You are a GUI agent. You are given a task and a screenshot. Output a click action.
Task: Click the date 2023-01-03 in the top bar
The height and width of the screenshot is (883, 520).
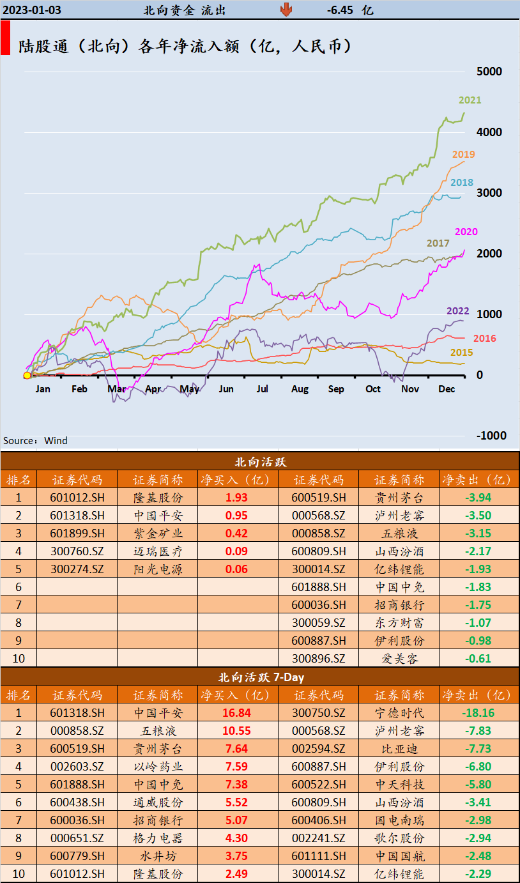click(x=32, y=10)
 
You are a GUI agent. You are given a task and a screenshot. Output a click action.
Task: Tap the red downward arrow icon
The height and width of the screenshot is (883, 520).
click(x=286, y=9)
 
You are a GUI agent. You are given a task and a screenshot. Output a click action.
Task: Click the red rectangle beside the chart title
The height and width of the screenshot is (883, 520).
click(x=5, y=38)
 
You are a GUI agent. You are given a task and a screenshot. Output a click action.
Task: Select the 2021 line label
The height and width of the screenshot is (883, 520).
click(x=470, y=100)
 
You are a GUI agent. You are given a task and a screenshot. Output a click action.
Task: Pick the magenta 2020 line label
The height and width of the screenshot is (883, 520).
click(x=466, y=232)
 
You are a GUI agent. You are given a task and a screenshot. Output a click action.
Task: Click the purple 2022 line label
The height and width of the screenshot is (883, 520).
click(x=457, y=311)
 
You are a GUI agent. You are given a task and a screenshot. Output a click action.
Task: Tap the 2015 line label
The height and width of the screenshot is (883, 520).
click(x=461, y=353)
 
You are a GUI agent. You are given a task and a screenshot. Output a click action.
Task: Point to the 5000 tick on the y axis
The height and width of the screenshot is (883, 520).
click(x=489, y=71)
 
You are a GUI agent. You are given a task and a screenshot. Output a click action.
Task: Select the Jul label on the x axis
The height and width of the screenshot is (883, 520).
click(x=263, y=388)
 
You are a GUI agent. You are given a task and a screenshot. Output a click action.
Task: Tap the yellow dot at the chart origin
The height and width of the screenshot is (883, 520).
click(x=27, y=375)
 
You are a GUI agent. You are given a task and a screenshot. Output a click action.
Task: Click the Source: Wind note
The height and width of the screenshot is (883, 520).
click(x=35, y=441)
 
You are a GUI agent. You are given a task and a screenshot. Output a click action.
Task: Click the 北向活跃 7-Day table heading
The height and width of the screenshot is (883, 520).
click(x=259, y=677)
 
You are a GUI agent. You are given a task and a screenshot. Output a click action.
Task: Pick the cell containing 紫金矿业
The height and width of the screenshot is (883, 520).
click(x=157, y=534)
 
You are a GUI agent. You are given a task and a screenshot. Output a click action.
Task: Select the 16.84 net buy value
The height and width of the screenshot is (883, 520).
click(x=238, y=712)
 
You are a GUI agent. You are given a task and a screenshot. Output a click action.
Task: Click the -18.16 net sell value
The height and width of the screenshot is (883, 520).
click(x=478, y=712)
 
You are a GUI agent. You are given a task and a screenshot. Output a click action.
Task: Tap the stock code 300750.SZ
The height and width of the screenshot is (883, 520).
click(x=319, y=712)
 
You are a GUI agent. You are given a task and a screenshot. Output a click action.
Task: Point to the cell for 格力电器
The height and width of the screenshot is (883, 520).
click(x=157, y=838)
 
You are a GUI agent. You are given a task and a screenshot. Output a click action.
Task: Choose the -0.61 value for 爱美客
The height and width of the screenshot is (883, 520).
click(x=478, y=659)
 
